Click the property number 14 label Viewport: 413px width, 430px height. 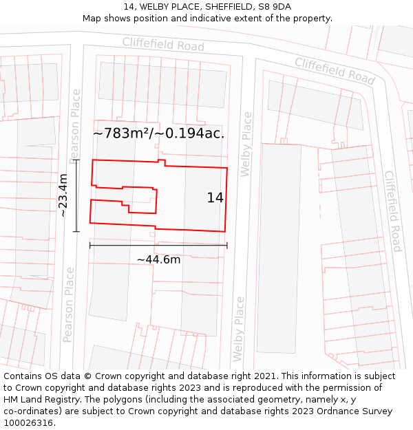215,198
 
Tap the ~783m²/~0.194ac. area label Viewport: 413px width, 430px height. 158,133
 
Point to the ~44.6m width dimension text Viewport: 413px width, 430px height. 158,259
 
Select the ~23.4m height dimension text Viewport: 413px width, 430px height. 63,195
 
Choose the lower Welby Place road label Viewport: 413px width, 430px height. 239,329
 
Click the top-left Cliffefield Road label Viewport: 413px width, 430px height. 163,44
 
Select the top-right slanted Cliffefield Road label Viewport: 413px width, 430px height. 335,71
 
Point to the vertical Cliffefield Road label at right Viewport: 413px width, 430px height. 392,211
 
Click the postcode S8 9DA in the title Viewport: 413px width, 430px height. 275,7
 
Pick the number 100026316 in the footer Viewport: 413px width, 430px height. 27,423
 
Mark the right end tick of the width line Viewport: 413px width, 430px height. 227,245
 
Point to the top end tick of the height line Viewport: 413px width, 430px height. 76,160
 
